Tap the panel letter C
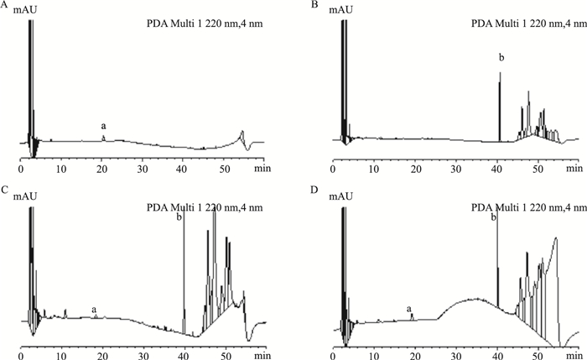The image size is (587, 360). (4, 190)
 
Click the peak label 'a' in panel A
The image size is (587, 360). (103, 127)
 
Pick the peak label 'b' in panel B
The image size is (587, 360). (501, 58)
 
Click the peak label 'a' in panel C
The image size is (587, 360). (94, 310)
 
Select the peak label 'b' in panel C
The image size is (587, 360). (179, 217)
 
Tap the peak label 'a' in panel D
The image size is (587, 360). (409, 308)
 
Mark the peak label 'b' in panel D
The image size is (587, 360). (494, 217)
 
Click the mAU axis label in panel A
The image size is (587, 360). (25, 10)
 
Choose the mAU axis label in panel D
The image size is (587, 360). (340, 196)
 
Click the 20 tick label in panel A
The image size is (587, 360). (101, 169)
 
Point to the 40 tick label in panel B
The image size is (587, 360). (496, 169)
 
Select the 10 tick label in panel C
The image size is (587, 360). (61, 354)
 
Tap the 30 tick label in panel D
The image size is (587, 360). (456, 354)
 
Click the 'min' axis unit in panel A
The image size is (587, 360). (262, 168)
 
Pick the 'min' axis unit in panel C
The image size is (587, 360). (262, 354)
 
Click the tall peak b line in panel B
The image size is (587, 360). (500, 107)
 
